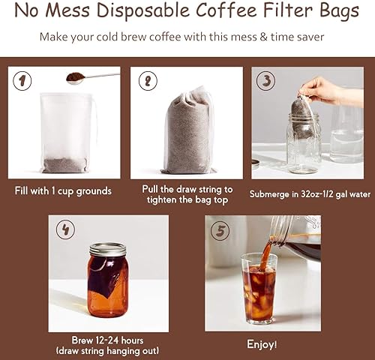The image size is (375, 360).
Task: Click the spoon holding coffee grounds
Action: [90, 76]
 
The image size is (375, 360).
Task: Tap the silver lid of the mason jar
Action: [108, 249]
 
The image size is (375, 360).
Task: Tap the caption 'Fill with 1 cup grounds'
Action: [63, 190]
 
